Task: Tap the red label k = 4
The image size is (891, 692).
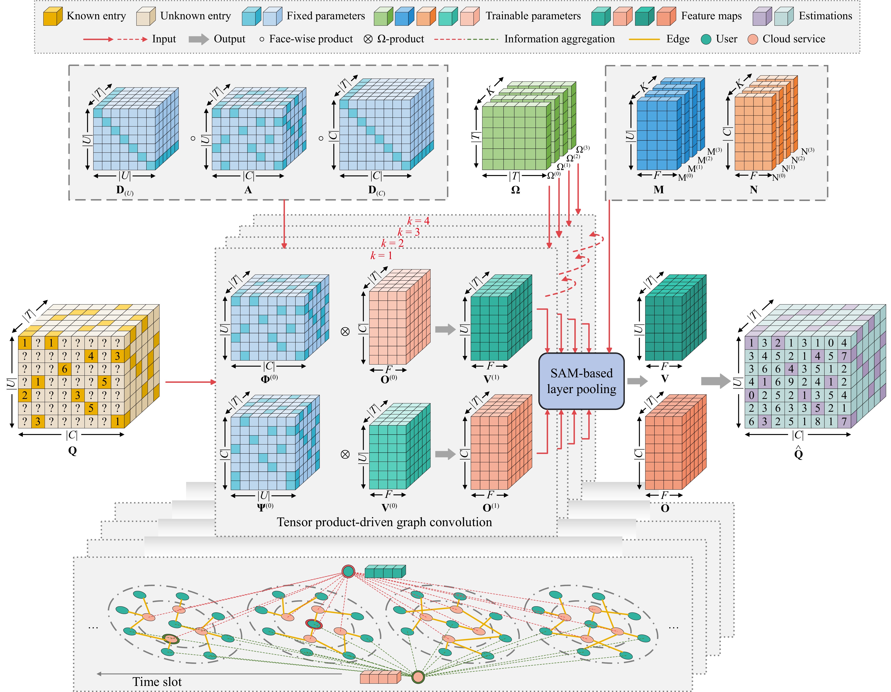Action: tap(418, 221)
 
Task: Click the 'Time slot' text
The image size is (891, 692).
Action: tap(157, 682)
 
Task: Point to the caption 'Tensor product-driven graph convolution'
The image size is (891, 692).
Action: tap(384, 522)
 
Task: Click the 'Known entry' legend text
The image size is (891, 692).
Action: tap(96, 16)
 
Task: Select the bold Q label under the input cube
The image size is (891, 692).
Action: tap(72, 451)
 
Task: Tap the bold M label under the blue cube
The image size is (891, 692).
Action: tap(658, 190)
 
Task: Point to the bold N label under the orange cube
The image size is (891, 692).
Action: tap(754, 190)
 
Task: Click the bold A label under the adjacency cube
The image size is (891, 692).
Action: tap(248, 190)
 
